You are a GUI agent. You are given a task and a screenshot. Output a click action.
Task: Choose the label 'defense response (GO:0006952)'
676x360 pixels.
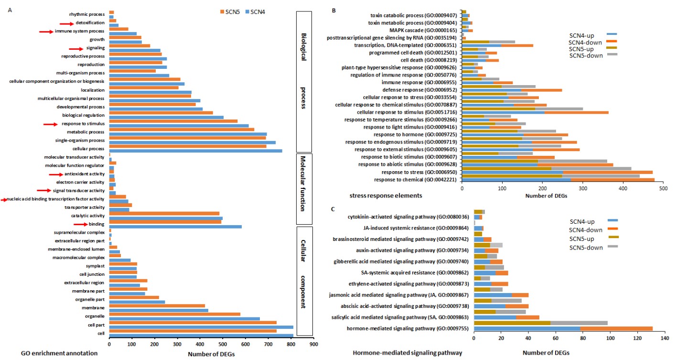pyautogui.click(x=418, y=89)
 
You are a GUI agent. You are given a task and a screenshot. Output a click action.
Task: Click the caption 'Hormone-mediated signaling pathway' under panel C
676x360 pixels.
pyautogui.click(x=407, y=353)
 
